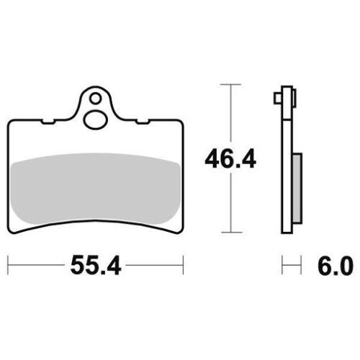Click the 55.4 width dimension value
(96, 265)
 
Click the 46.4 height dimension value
(230, 158)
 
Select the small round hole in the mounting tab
(95, 99)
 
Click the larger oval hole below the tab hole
(95, 120)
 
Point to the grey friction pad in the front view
(96, 189)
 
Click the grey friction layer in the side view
(297, 189)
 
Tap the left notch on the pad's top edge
(48, 122)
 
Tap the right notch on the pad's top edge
(143, 122)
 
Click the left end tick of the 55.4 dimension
(8, 265)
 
